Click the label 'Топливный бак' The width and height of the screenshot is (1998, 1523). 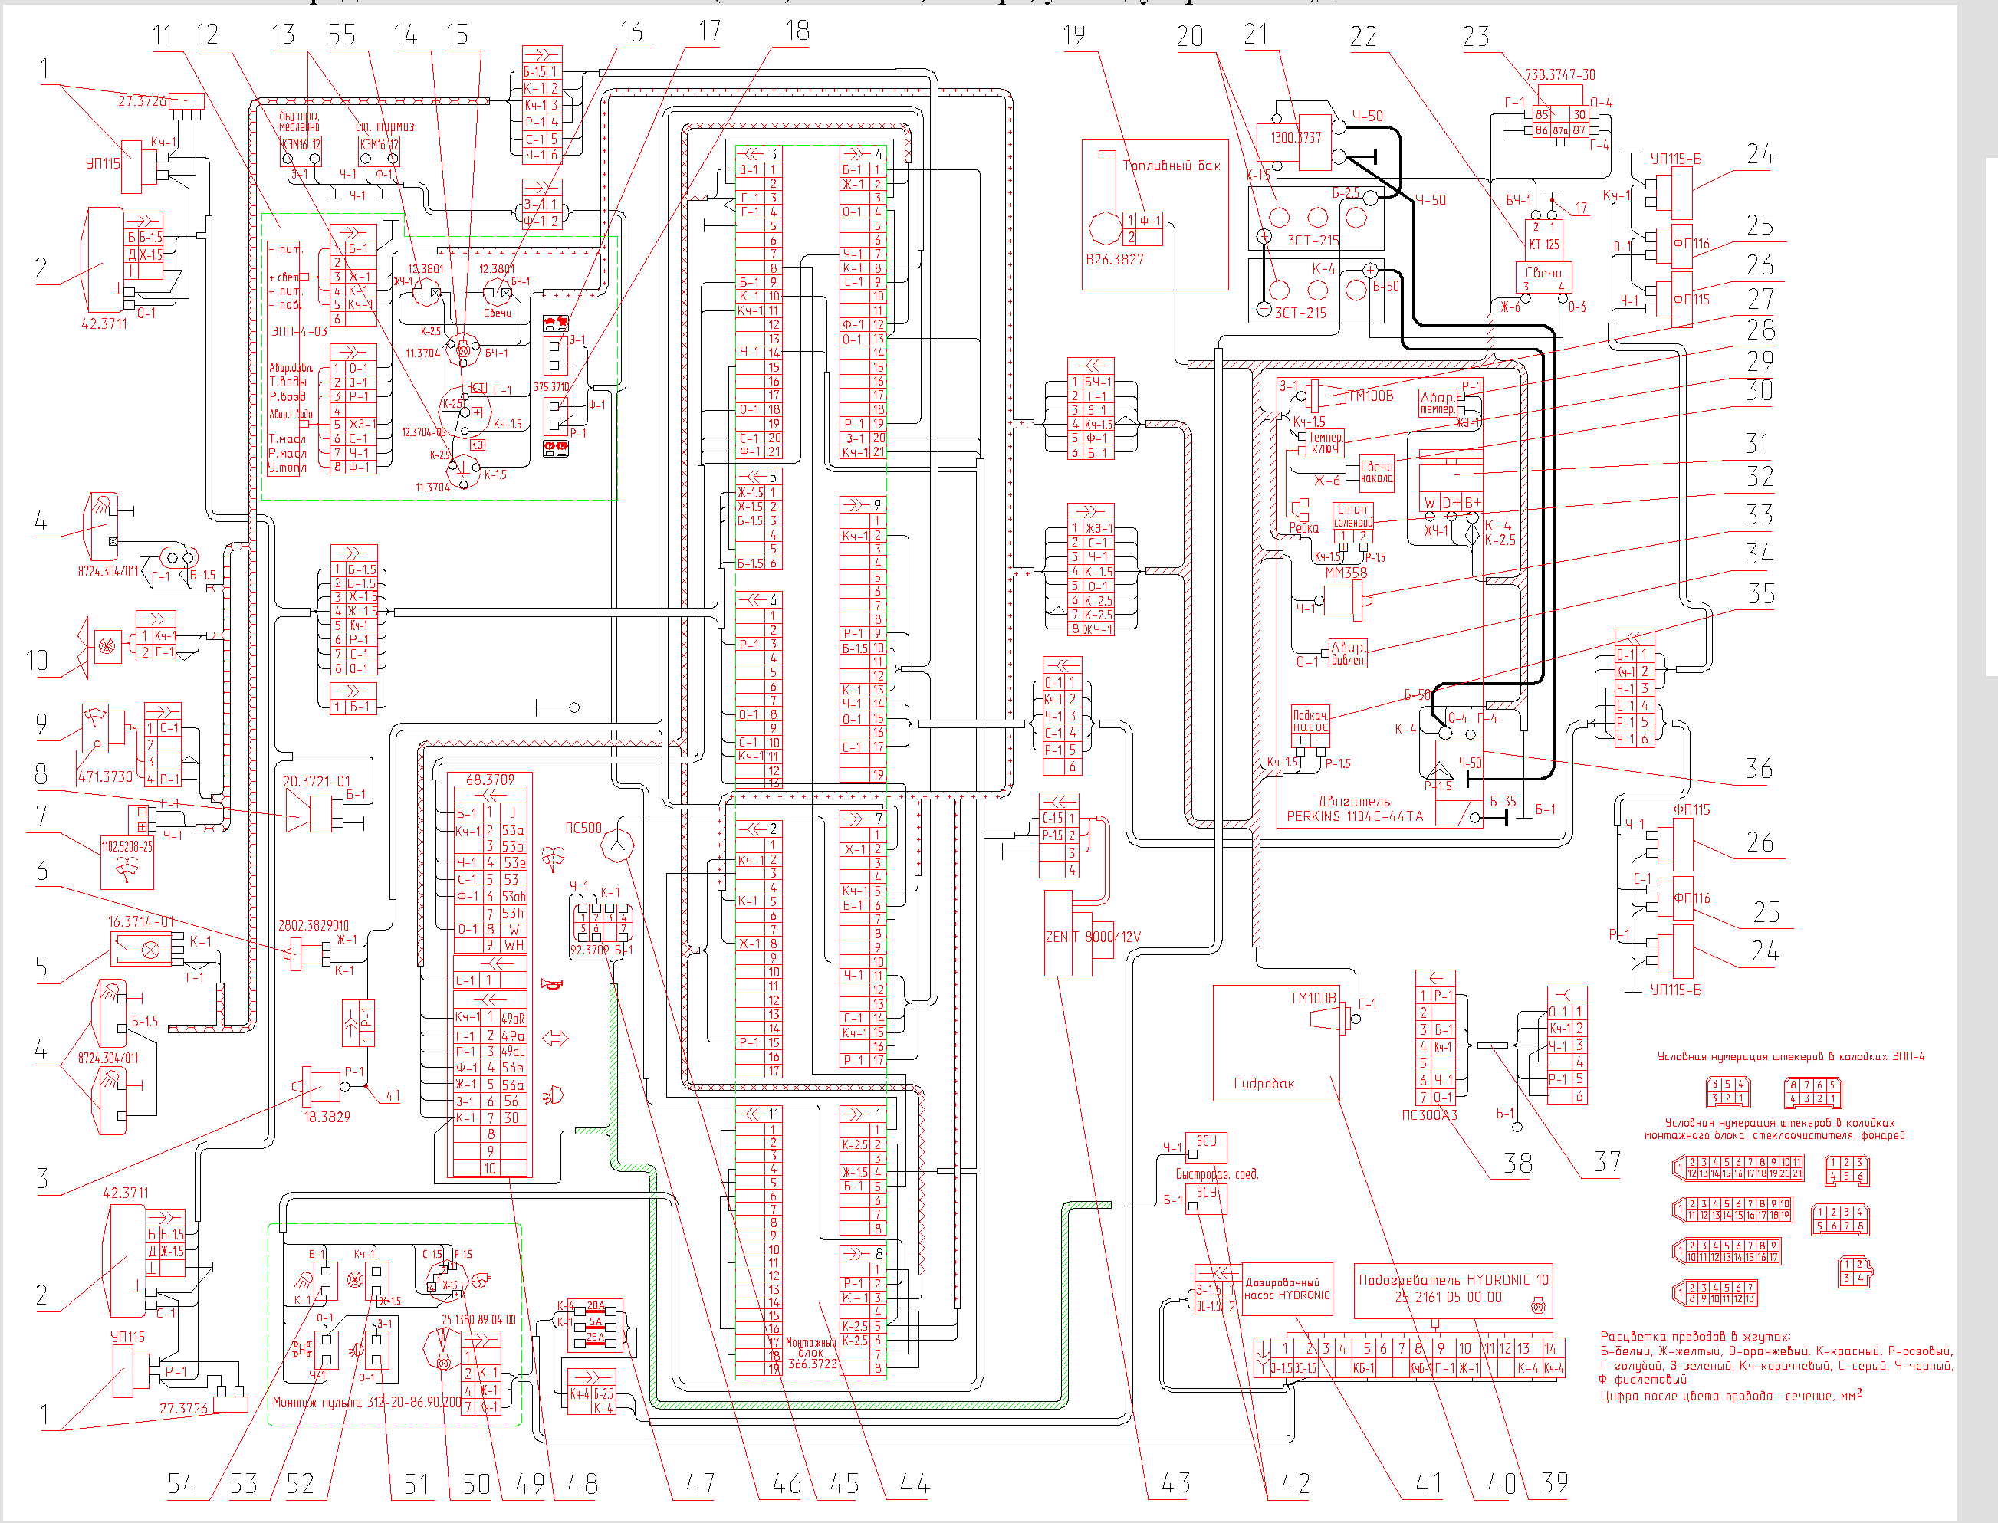click(x=1172, y=166)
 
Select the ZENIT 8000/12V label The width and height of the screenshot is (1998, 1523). click(x=1093, y=937)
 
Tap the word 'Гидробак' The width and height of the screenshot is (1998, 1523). click(x=1264, y=1083)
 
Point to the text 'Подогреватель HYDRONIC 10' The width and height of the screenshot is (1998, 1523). click(x=1453, y=1280)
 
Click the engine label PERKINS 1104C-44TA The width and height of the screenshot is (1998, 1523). click(x=1354, y=816)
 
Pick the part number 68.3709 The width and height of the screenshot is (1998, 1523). click(x=489, y=780)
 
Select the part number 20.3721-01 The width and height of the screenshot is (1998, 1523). click(x=315, y=780)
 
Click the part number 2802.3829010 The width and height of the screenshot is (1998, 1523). click(x=313, y=926)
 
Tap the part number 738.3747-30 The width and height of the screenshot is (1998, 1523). click(x=1559, y=74)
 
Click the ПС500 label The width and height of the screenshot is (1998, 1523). click(x=583, y=828)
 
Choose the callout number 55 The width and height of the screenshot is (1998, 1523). click(x=342, y=35)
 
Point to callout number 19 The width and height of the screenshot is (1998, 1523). click(x=1073, y=35)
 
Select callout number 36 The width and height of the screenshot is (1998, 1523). click(x=1759, y=769)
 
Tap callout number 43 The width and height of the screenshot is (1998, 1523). click(x=1176, y=1483)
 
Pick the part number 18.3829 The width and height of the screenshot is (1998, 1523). click(x=327, y=1117)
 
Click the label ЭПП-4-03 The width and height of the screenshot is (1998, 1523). click(x=299, y=332)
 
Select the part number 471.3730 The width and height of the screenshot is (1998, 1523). click(x=105, y=777)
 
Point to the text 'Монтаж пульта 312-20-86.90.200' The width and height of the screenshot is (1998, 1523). click(x=366, y=1402)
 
